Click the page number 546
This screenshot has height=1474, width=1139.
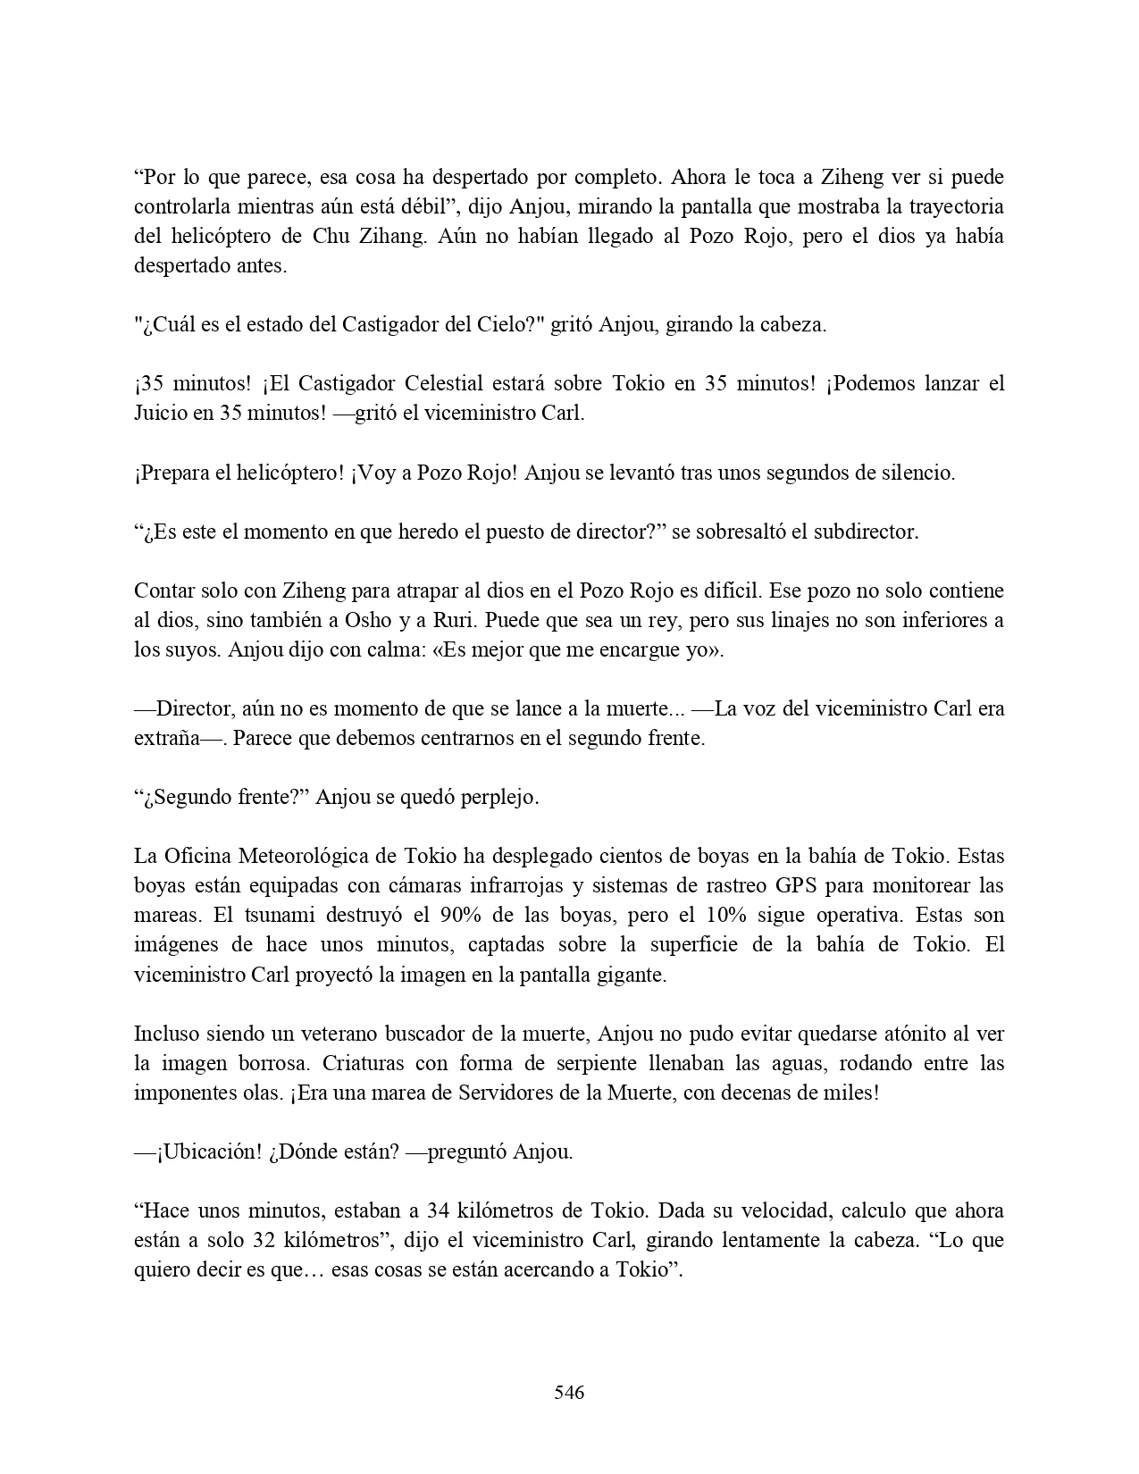569,1392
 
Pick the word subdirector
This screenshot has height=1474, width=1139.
863,532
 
